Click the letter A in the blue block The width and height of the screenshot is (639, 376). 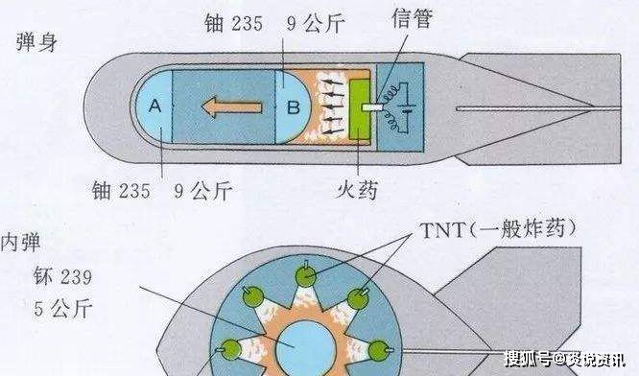156,106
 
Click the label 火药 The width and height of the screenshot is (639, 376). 354,191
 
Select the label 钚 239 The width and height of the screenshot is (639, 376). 59,279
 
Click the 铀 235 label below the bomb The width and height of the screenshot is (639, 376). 122,191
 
